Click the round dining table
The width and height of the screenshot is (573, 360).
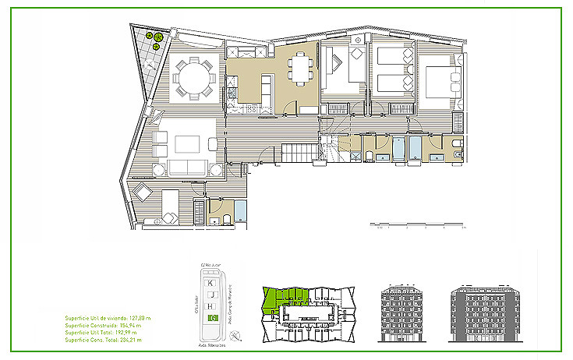[x=193, y=78]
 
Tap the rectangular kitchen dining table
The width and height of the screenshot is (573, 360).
[x=300, y=66]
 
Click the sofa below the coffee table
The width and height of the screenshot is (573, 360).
[x=185, y=167]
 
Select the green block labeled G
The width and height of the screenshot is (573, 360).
[x=211, y=318]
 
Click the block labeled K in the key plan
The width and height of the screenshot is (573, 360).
[x=211, y=282]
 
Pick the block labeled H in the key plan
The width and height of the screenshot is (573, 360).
[x=211, y=306]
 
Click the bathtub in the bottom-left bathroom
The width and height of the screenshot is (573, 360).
[x=240, y=210]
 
